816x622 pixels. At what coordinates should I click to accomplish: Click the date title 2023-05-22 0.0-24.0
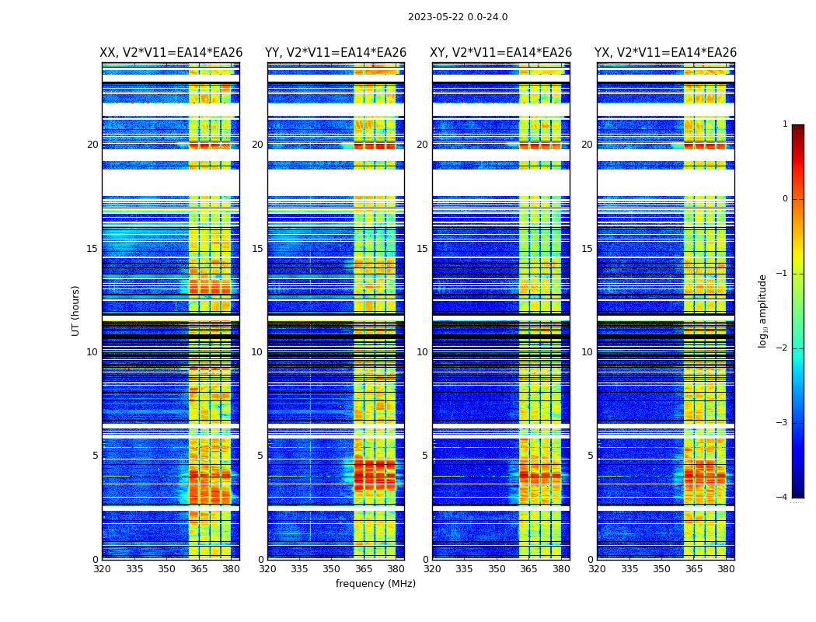(x=458, y=17)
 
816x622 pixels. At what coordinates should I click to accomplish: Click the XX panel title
(x=171, y=53)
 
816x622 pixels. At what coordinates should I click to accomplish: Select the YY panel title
(x=336, y=53)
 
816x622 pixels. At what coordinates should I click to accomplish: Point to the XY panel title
(x=501, y=53)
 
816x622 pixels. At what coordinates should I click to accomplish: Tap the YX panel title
(x=666, y=53)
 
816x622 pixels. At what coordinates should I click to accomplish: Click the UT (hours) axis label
(x=76, y=310)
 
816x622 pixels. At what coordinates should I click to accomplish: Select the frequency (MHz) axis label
(x=375, y=584)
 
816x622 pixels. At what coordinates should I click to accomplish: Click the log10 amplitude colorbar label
(x=763, y=310)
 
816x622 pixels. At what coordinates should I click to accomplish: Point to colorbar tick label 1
(x=785, y=124)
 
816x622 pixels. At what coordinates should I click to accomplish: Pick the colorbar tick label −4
(x=783, y=498)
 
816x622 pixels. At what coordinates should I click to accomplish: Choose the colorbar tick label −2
(x=783, y=348)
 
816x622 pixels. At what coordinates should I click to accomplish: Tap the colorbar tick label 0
(x=785, y=199)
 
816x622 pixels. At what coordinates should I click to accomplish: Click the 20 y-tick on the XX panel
(x=92, y=145)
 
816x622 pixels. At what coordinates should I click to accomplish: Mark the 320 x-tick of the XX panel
(x=102, y=569)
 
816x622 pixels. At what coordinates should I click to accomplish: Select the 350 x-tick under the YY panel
(x=332, y=569)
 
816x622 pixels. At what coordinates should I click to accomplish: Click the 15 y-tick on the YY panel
(x=257, y=249)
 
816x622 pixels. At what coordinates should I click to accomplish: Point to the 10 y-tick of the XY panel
(x=422, y=352)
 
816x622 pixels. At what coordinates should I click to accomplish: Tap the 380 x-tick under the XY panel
(x=561, y=569)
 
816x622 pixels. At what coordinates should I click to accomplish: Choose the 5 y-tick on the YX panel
(x=590, y=456)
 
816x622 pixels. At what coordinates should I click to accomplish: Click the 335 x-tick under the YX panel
(x=629, y=569)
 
